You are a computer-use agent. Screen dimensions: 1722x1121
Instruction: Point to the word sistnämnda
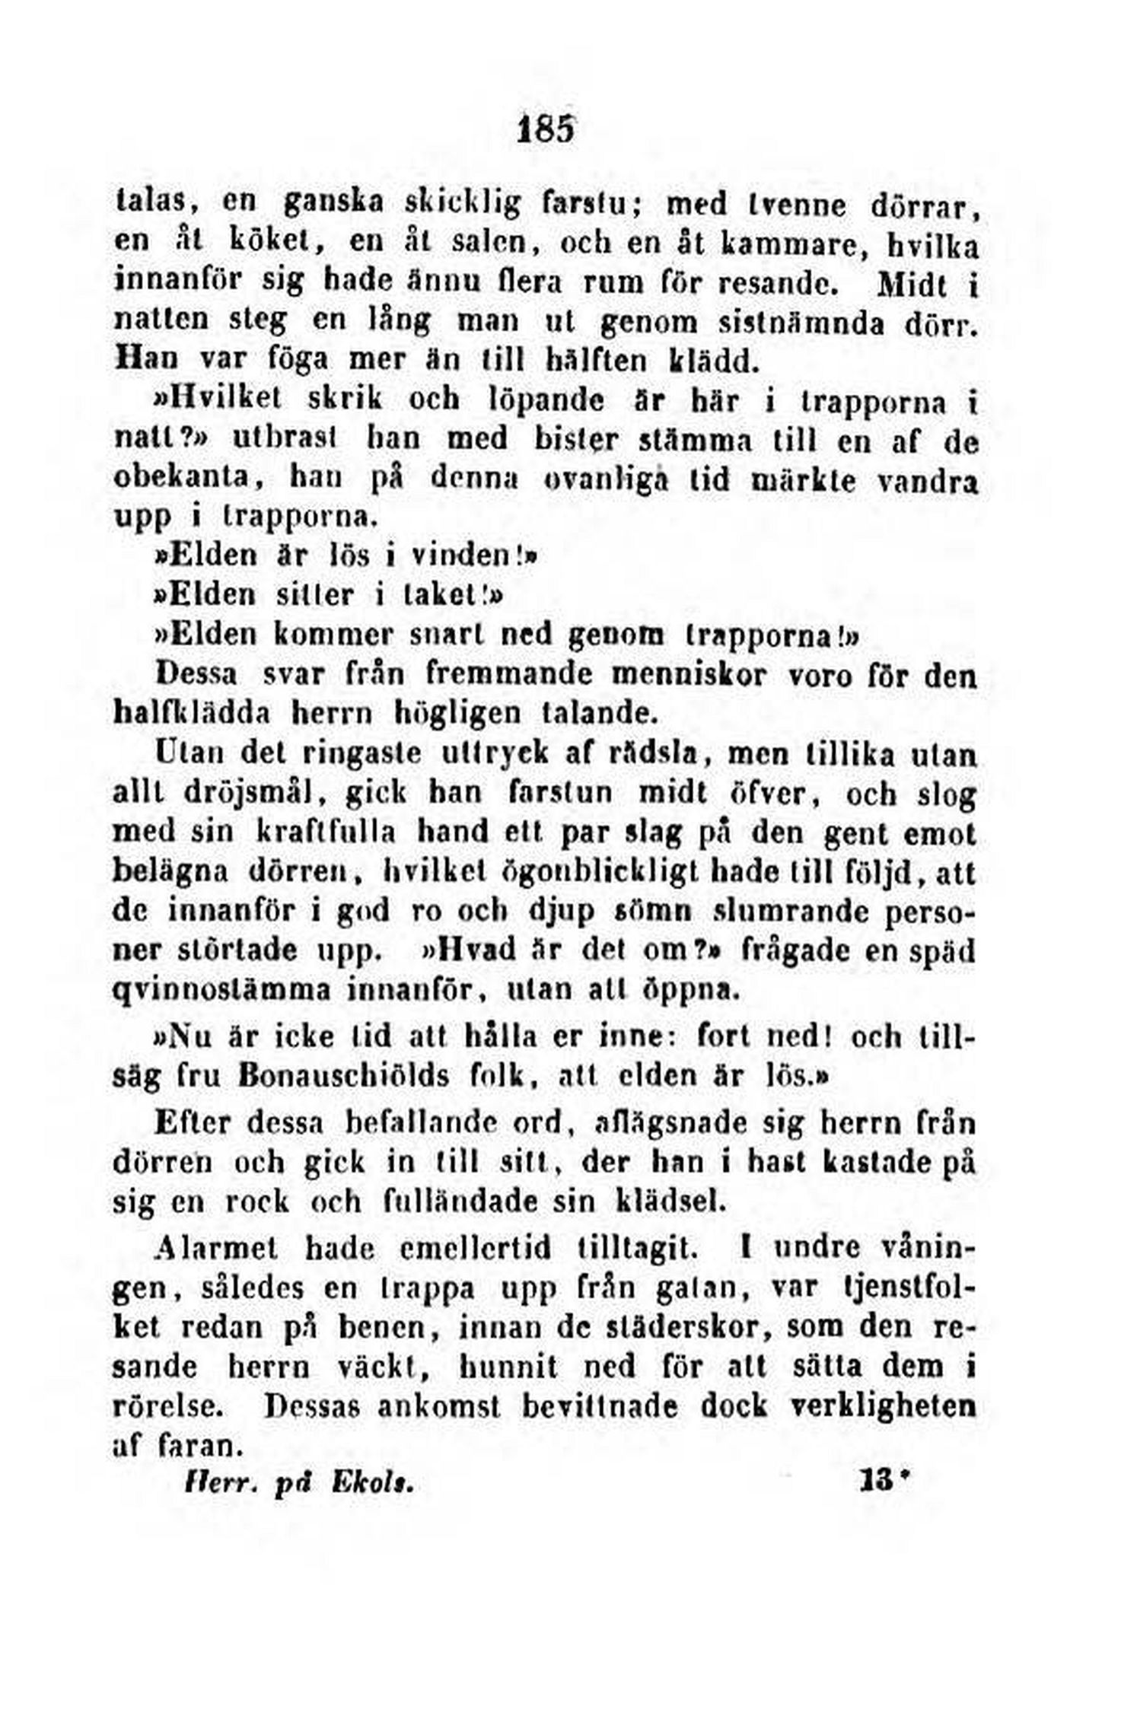[x=802, y=323]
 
